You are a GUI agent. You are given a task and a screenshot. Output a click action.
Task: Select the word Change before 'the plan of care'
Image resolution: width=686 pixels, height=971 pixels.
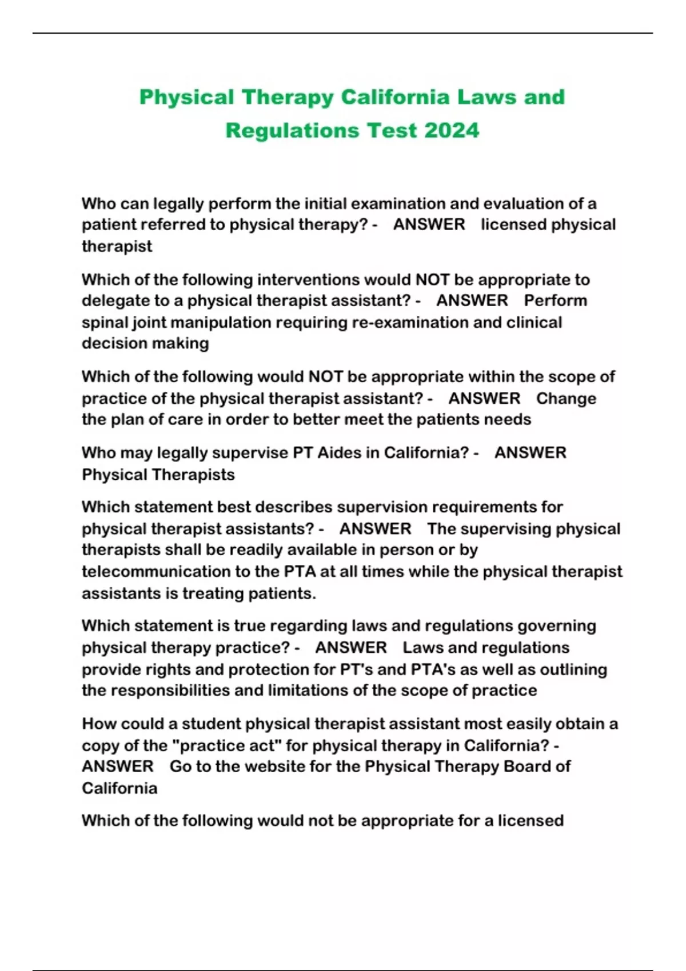click(x=566, y=399)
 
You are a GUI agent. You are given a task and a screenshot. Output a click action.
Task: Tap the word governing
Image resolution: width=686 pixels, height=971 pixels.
click(x=556, y=626)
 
